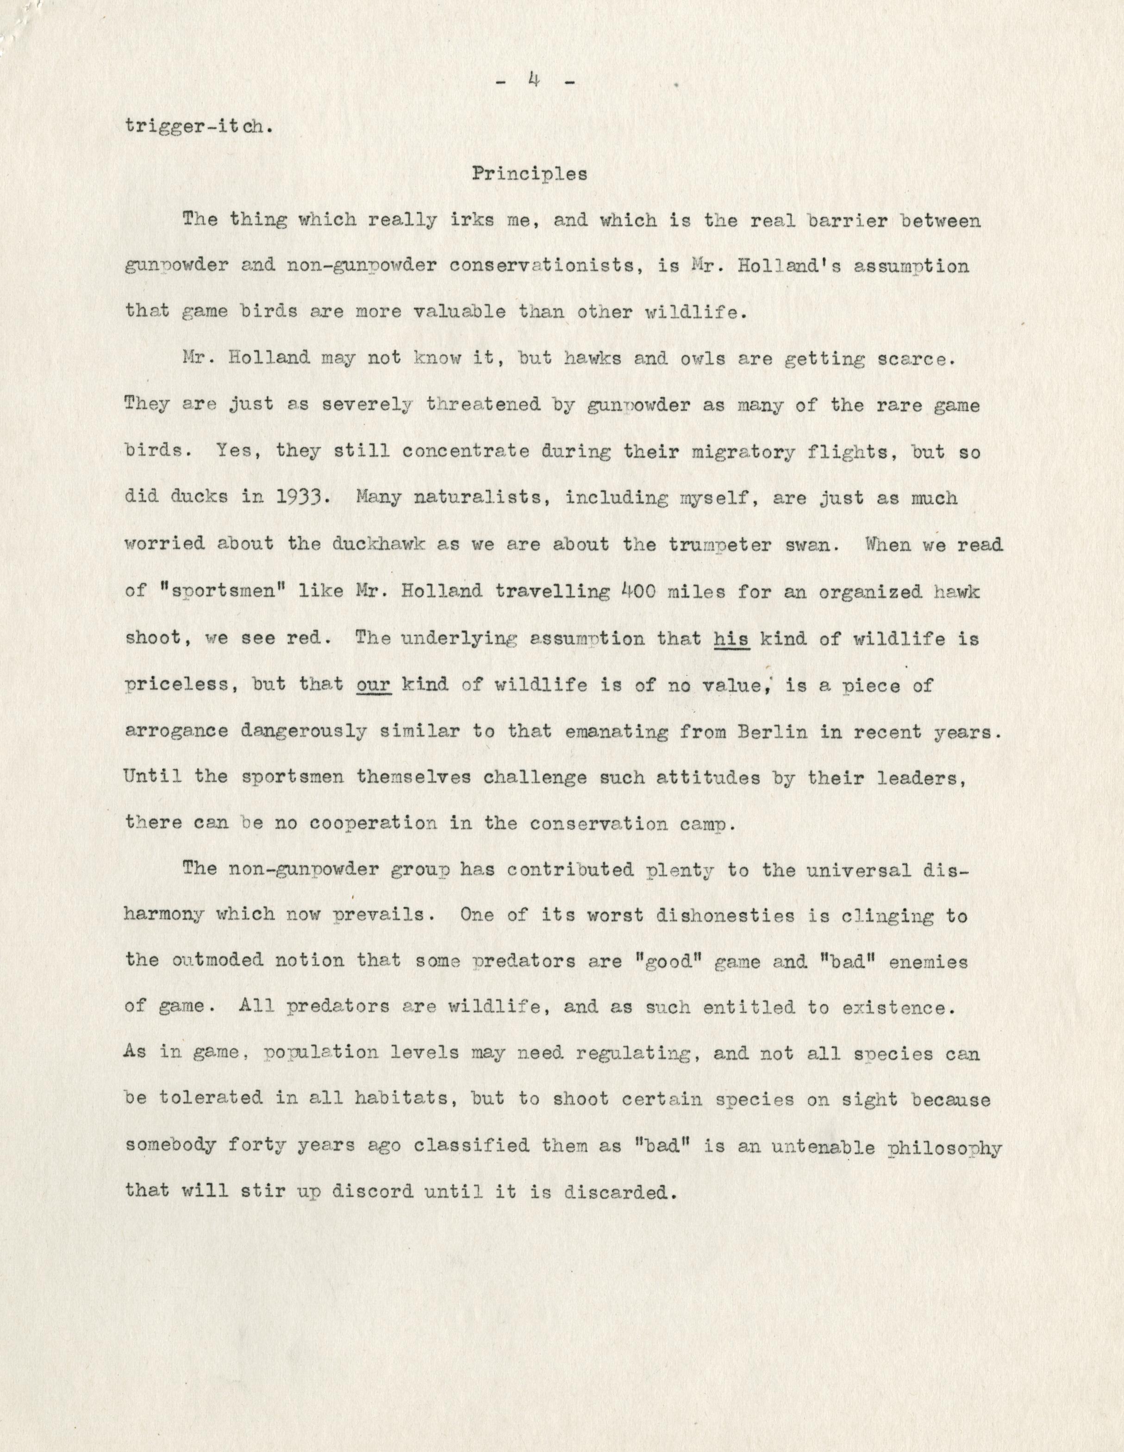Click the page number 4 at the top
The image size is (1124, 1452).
pyautogui.click(x=533, y=81)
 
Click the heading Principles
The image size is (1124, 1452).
pyautogui.click(x=530, y=174)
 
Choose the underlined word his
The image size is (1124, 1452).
pyautogui.click(x=731, y=638)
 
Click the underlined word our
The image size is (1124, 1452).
pyautogui.click(x=374, y=685)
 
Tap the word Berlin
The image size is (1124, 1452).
pyautogui.click(x=772, y=731)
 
